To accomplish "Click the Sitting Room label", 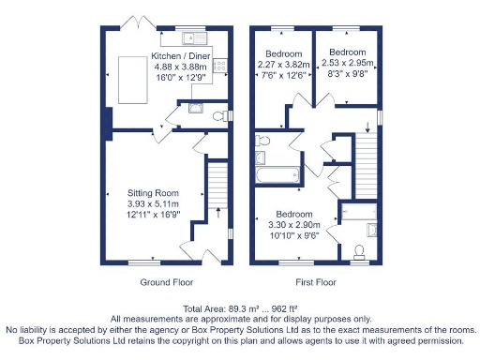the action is click(153, 193).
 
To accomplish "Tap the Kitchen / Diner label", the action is click(181, 56).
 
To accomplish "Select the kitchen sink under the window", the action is click(194, 38).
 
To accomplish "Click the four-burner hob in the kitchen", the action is click(220, 66).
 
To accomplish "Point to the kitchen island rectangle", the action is click(133, 80).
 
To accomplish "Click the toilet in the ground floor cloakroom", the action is click(220, 116).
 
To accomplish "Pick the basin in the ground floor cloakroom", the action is click(196, 108).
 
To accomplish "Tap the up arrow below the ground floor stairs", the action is click(218, 213).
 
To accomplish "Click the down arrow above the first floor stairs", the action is click(367, 127).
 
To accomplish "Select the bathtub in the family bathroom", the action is click(277, 174).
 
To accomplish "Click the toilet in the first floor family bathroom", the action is click(262, 141).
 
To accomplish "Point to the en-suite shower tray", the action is click(359, 212).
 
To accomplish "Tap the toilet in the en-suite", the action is click(359, 252).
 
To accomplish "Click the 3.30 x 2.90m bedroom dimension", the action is click(294, 225).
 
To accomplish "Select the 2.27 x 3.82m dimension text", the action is click(283, 65).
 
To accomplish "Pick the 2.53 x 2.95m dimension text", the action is click(348, 63).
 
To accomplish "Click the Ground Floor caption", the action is click(167, 282).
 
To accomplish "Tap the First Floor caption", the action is click(316, 282).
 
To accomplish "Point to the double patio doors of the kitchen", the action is click(138, 24).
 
